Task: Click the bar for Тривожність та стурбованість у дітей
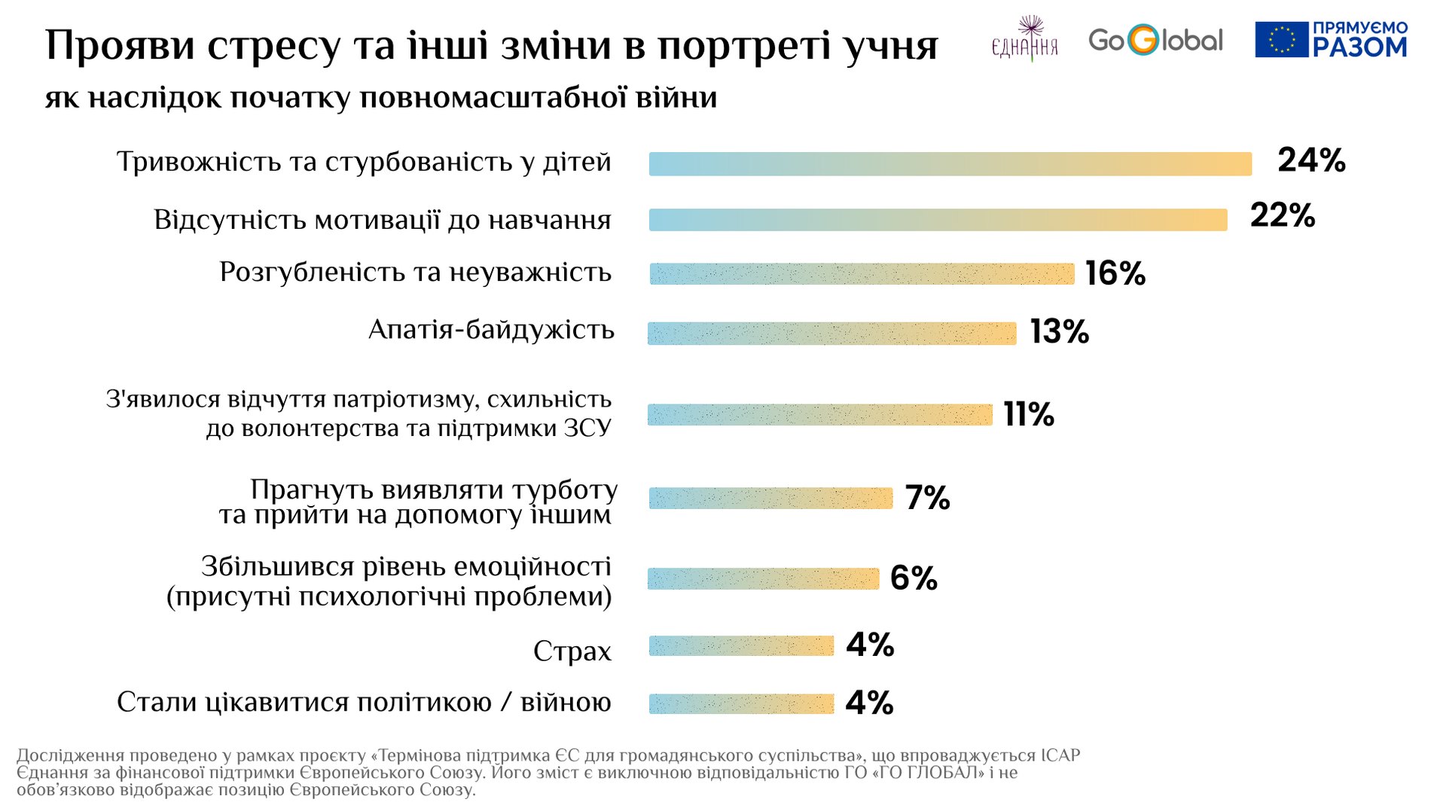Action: click(950, 164)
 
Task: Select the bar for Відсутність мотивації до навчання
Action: click(938, 220)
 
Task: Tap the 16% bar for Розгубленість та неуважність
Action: click(862, 274)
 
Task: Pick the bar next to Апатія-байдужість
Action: click(831, 334)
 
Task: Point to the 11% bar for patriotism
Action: click(819, 415)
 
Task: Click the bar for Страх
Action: click(741, 646)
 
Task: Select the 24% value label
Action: click(1311, 160)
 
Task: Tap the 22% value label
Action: click(1283, 216)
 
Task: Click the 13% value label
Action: click(1059, 332)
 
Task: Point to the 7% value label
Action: click(927, 498)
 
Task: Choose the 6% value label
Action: click(914, 578)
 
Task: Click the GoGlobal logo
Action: click(1155, 40)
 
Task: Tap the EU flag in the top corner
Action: click(1281, 40)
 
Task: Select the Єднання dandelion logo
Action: click(1025, 38)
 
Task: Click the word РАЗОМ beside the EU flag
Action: click(1359, 47)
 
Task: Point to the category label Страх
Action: click(572, 651)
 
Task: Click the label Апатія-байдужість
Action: click(491, 330)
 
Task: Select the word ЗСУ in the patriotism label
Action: click(587, 428)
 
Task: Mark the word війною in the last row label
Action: click(566, 703)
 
